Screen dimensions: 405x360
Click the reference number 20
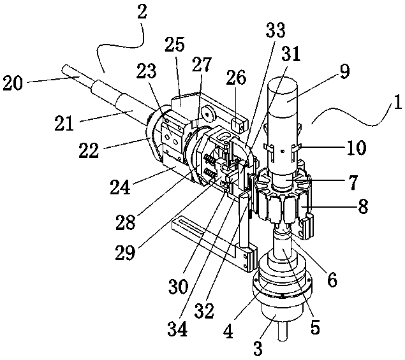[13, 83]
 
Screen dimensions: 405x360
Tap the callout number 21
[64, 123]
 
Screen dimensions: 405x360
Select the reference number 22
[89, 150]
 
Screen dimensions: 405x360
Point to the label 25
[175, 44]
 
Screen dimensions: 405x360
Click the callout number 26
[236, 77]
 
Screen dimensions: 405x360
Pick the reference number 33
[276, 30]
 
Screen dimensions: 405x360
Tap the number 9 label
[344, 71]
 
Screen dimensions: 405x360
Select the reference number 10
[357, 147]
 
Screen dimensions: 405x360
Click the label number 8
[363, 206]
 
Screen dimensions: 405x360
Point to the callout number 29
[125, 252]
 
